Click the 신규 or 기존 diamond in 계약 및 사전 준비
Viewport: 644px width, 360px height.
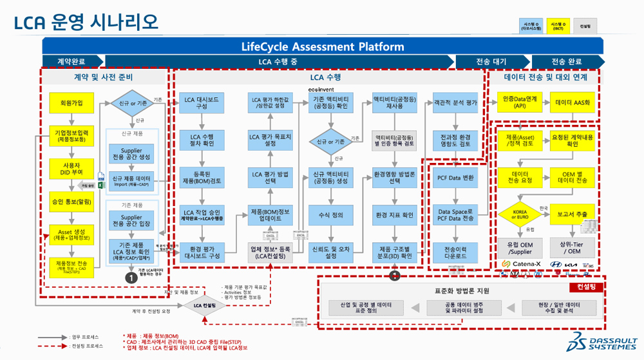[131, 103]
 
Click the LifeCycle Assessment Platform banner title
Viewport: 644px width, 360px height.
[322, 46]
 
